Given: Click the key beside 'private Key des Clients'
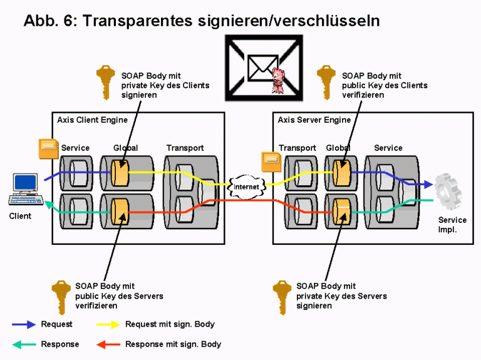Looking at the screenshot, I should [105, 83].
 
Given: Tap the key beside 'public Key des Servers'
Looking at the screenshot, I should [61, 294].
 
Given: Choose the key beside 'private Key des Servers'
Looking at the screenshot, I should [282, 295].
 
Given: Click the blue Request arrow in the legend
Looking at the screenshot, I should [24, 324].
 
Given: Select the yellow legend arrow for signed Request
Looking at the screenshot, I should [108, 324].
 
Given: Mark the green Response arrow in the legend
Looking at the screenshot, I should [24, 344].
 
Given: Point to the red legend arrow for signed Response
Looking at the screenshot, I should [108, 344].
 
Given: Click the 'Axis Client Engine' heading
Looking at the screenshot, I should [92, 120].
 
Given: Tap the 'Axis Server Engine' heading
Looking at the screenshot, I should [314, 120].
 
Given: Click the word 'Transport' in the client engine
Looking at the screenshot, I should [185, 148].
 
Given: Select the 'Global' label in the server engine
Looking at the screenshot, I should [338, 148].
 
